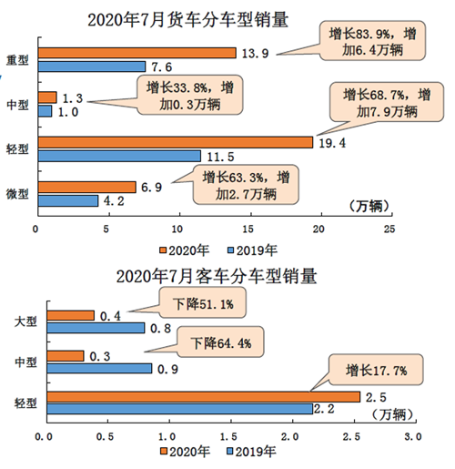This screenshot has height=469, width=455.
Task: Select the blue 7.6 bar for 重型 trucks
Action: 90,66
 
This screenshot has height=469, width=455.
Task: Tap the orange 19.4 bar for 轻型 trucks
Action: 174,142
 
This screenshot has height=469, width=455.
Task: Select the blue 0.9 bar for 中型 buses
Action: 99,368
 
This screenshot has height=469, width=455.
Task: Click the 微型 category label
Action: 17,194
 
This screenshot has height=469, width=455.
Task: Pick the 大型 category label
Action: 25,321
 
